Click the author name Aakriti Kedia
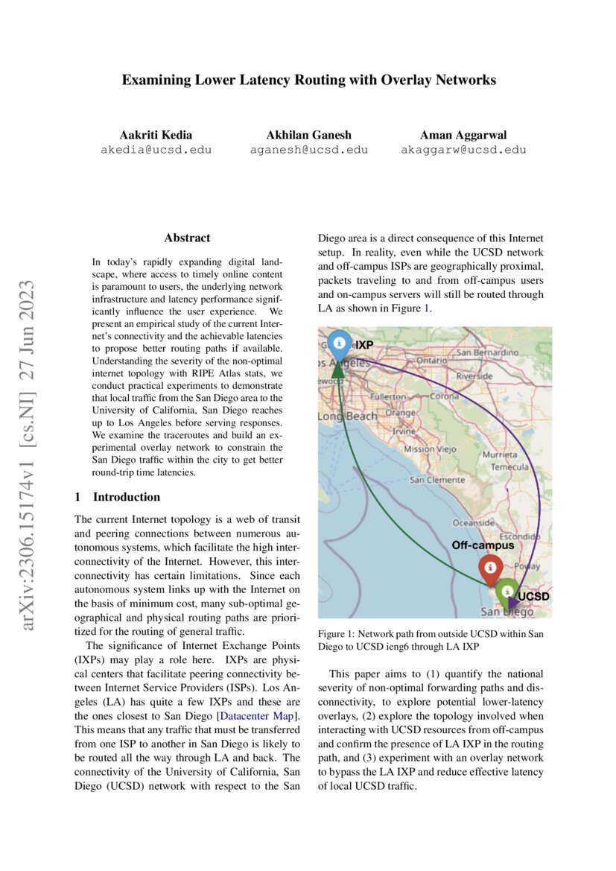point(156,135)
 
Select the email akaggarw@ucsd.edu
point(463,149)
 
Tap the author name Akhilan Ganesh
point(308,135)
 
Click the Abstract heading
point(187,238)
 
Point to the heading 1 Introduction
point(118,497)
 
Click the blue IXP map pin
point(339,343)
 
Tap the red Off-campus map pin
point(489,568)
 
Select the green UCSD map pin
point(507,591)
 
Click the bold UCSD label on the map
point(533,597)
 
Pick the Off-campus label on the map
point(483,545)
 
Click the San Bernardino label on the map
point(487,352)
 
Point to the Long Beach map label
point(348,416)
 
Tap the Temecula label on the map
point(509,467)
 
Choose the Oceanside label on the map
point(474,523)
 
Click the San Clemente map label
point(436,480)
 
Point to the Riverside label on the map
point(474,376)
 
